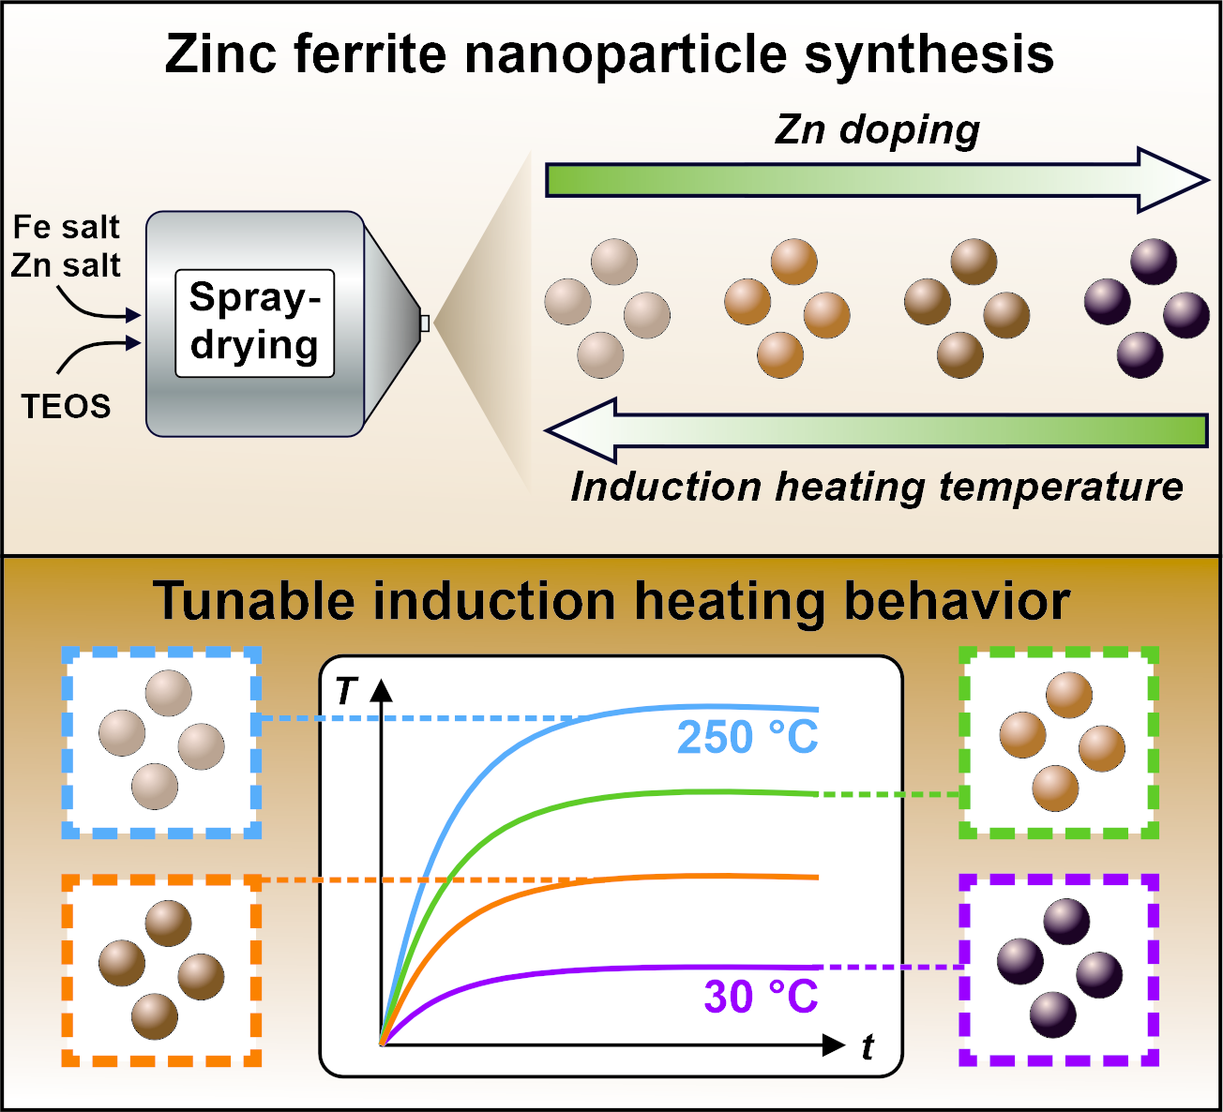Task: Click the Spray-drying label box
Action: tap(254, 323)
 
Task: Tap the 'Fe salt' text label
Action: tap(66, 227)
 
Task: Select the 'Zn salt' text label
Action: tap(66, 265)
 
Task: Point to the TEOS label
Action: tap(66, 406)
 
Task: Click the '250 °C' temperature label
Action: tap(747, 738)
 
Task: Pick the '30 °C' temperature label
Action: tap(761, 997)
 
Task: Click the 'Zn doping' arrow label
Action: tap(877, 129)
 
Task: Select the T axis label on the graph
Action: tap(345, 691)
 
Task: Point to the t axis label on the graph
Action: tap(868, 1046)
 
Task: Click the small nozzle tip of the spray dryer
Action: tap(424, 323)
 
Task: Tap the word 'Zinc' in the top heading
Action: tap(219, 54)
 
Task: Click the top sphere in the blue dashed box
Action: tap(169, 694)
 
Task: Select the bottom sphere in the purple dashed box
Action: tap(1053, 1014)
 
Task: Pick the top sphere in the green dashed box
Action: tap(1068, 695)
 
